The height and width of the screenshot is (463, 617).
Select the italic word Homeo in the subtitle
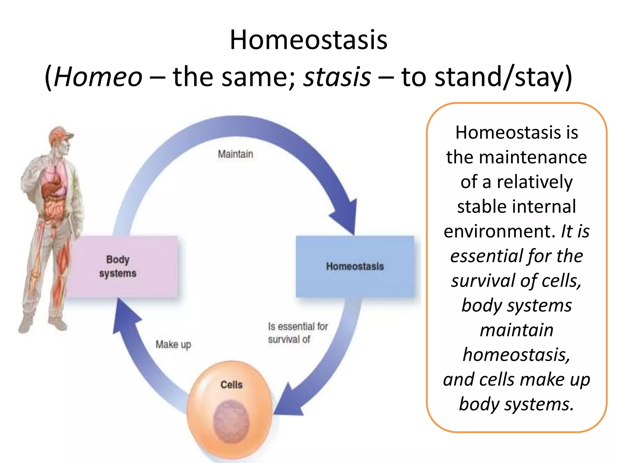[x=98, y=77]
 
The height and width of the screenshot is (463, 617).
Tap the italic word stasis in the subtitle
[x=337, y=77]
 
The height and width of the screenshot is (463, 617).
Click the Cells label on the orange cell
[x=231, y=385]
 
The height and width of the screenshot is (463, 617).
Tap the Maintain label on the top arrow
[x=236, y=154]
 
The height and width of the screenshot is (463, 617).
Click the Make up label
[x=173, y=345]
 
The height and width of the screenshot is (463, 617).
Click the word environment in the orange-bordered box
[x=499, y=231]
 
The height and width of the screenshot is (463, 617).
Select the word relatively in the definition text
[x=534, y=182]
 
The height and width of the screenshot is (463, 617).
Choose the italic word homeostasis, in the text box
[x=516, y=355]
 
